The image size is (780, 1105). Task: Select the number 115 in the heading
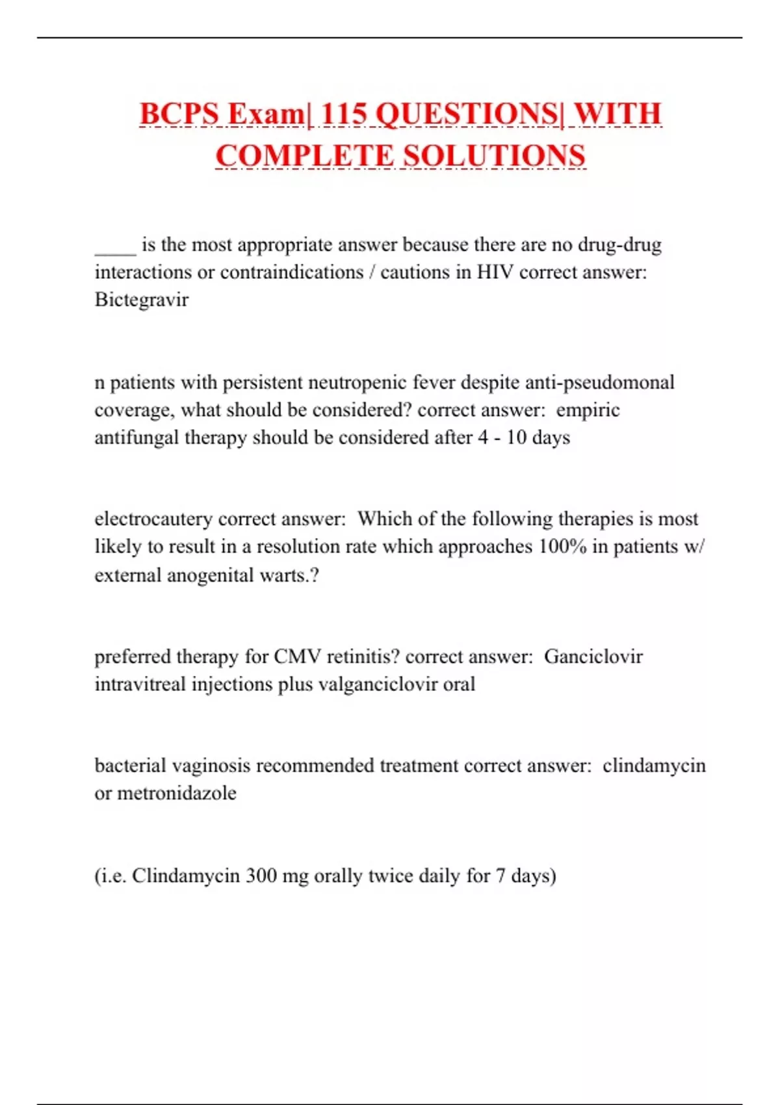pos(344,114)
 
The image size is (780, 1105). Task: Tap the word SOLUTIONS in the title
pos(494,157)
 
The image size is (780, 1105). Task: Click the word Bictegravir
pos(141,300)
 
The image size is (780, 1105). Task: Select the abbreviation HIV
pos(495,272)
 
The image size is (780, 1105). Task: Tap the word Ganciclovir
pos(593,656)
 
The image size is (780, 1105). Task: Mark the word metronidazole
pos(176,793)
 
